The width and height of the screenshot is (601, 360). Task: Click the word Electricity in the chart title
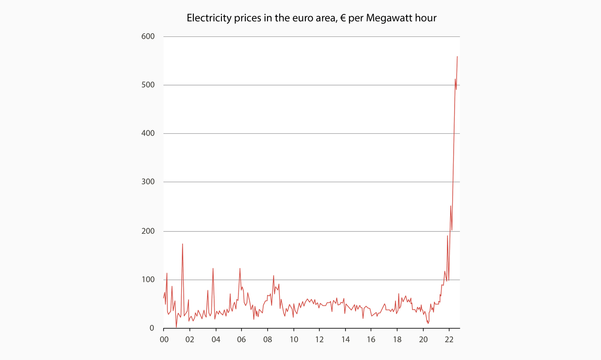(207, 18)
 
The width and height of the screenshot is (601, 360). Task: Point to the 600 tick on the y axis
(148, 36)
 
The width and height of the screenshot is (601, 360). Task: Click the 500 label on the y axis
(148, 85)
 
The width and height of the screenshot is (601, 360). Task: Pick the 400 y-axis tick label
(148, 134)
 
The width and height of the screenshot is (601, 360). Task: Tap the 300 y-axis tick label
(148, 182)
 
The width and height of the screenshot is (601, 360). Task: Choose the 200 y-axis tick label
(148, 231)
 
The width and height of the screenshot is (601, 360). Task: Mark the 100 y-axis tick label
(148, 280)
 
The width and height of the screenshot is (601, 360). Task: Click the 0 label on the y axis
(152, 328)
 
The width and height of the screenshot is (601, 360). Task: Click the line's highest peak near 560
(457, 57)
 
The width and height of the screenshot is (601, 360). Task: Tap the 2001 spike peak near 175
(182, 244)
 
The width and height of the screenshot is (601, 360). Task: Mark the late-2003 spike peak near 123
(213, 268)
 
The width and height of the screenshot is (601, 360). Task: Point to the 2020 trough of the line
(428, 323)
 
